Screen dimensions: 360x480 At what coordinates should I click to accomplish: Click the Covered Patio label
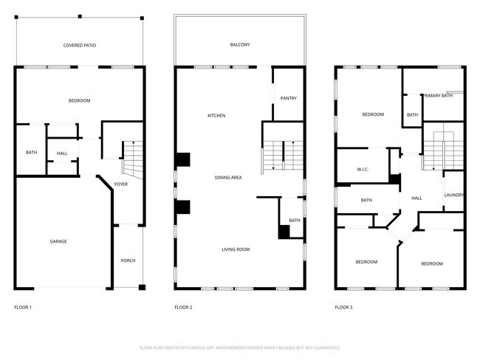79,45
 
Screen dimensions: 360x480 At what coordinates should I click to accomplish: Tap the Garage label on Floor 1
58,241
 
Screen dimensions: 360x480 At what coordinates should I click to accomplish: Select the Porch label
128,261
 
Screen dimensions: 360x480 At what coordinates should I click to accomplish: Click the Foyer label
122,184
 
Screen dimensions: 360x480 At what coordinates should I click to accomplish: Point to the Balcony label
240,45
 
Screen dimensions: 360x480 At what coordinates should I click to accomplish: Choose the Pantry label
288,97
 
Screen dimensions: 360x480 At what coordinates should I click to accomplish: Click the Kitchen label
216,116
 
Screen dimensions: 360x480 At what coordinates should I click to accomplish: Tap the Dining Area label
228,177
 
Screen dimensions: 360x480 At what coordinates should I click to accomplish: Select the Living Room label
236,249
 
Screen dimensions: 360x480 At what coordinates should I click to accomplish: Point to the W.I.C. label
363,170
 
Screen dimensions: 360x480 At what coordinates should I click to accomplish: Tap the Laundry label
453,195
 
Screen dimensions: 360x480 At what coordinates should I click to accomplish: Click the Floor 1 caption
23,307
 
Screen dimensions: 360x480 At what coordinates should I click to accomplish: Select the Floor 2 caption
183,307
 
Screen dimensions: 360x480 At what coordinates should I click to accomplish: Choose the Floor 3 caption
343,307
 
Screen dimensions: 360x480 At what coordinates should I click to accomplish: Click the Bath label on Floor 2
295,221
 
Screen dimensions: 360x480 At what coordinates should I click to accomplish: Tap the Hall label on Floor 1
62,153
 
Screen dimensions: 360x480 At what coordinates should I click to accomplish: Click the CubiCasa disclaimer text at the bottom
240,347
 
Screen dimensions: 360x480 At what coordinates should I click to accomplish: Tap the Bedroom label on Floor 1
79,100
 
